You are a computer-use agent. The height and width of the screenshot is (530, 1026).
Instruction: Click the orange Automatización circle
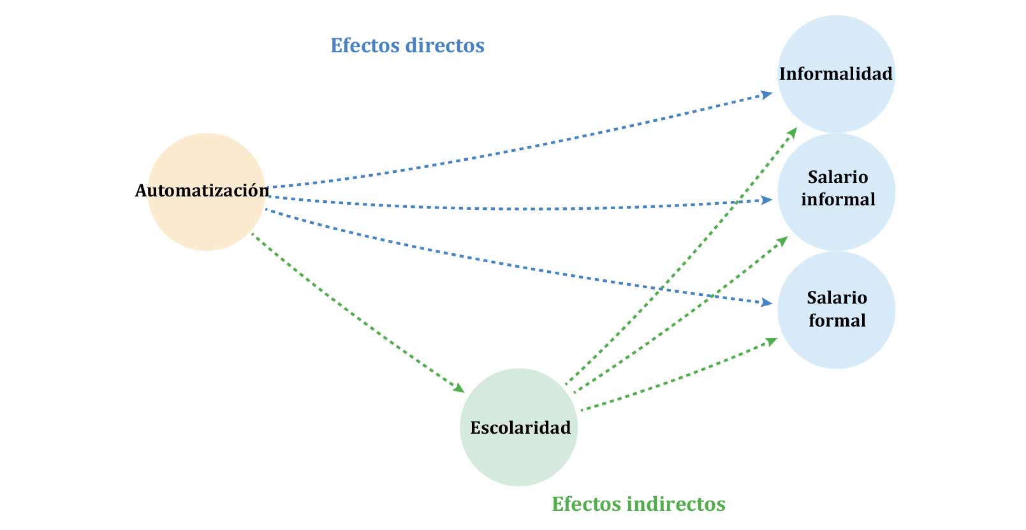(206, 217)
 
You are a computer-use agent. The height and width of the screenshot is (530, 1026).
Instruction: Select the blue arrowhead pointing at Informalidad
(767, 95)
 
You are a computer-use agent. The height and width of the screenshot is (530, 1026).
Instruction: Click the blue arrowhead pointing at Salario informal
(767, 200)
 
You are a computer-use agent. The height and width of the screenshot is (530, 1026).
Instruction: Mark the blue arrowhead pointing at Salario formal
(767, 303)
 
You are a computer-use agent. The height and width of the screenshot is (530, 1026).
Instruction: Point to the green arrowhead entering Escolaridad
(458, 388)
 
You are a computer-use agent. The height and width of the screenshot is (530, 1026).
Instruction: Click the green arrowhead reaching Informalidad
(792, 132)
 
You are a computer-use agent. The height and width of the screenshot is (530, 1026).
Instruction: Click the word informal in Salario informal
(838, 200)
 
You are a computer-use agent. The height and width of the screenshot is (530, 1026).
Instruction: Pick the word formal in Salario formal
(837, 320)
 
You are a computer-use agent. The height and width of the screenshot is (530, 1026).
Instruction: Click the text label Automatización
(202, 190)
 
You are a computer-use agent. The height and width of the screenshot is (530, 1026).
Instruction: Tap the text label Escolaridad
(520, 427)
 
